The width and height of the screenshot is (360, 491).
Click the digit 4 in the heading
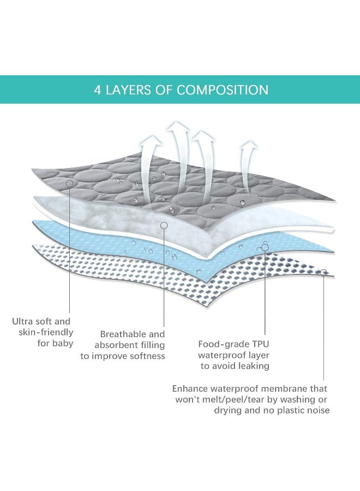point(98,90)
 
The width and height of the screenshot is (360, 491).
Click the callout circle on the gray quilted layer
point(70,184)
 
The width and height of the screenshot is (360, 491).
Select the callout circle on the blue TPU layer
point(265,247)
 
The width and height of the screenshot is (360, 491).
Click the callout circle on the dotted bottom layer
point(324,272)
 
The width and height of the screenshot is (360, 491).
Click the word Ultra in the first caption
point(24,322)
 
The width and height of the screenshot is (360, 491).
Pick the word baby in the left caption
point(63,344)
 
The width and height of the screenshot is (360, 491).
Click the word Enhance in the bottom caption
point(191,389)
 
